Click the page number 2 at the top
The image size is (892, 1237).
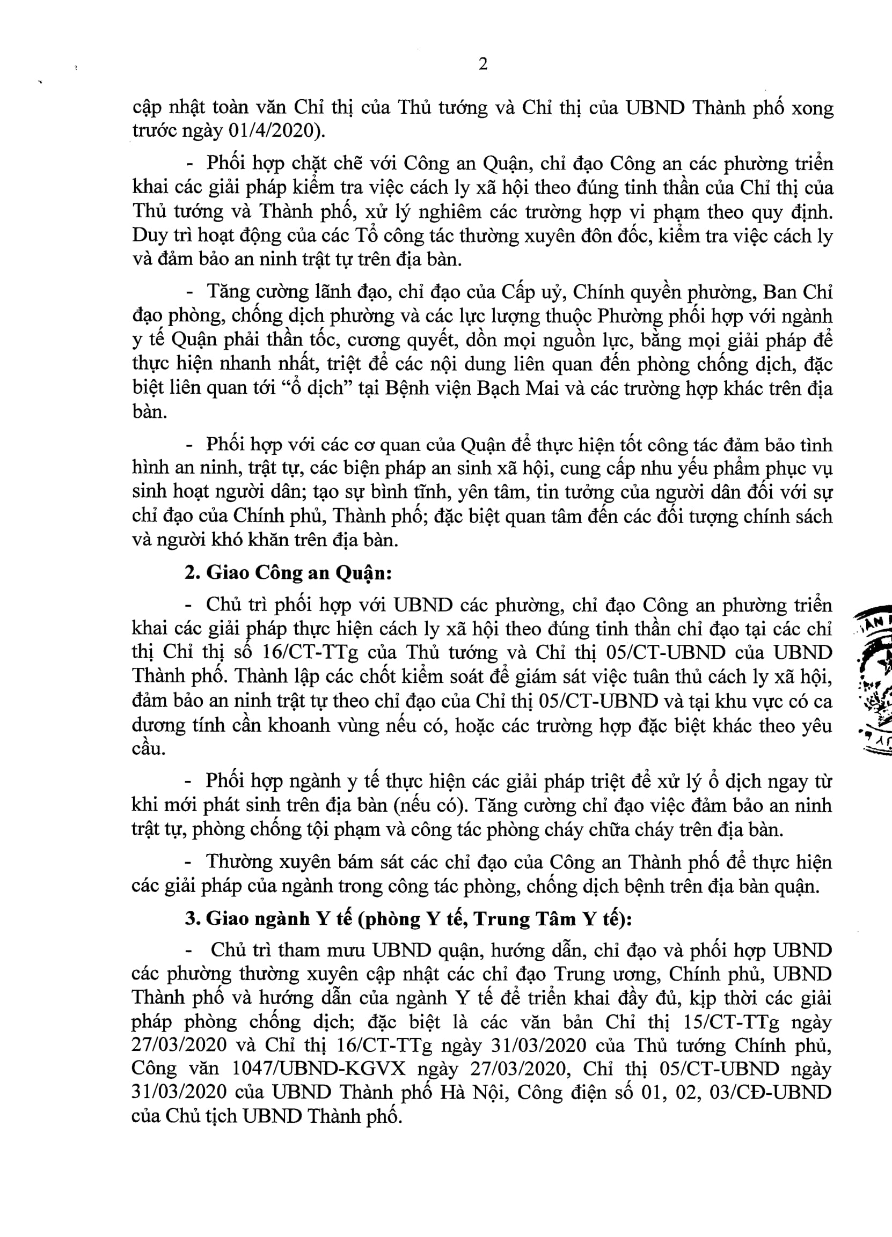pos(483,64)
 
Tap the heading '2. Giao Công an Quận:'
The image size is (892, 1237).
pos(288,573)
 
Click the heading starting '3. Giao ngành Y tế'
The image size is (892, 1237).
pos(408,918)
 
